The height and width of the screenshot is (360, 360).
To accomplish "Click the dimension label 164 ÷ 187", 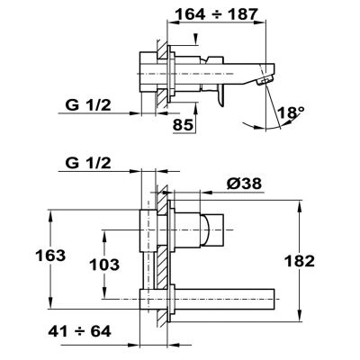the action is (216, 14).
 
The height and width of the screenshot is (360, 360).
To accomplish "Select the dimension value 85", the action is (183, 124).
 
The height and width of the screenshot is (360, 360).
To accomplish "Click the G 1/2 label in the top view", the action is (88, 105).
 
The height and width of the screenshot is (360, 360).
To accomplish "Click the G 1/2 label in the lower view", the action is (88, 163).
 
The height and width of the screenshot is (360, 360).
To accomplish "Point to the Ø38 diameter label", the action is (244, 184).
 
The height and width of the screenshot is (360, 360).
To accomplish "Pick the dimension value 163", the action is (50, 256).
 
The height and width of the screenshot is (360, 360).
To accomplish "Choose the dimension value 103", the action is (104, 265).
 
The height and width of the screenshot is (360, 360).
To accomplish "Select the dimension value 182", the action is (300, 261).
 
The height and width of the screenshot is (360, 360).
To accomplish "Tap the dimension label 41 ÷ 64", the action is (79, 331).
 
